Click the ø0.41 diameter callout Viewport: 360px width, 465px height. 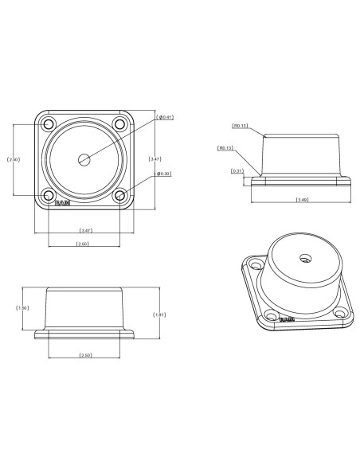click(x=166, y=117)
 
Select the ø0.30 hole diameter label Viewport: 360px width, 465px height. click(x=165, y=174)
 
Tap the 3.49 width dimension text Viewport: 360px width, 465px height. click(x=302, y=199)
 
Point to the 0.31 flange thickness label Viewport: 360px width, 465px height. click(x=237, y=171)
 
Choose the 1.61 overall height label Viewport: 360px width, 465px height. click(x=159, y=314)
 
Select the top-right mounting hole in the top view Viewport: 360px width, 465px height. click(x=119, y=124)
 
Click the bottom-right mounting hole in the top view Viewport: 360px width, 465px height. click(x=119, y=194)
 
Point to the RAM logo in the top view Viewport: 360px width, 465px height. click(x=63, y=203)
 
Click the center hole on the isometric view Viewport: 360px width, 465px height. click(x=303, y=258)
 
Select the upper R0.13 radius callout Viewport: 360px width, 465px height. click(x=240, y=126)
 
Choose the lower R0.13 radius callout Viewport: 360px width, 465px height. click(x=225, y=148)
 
